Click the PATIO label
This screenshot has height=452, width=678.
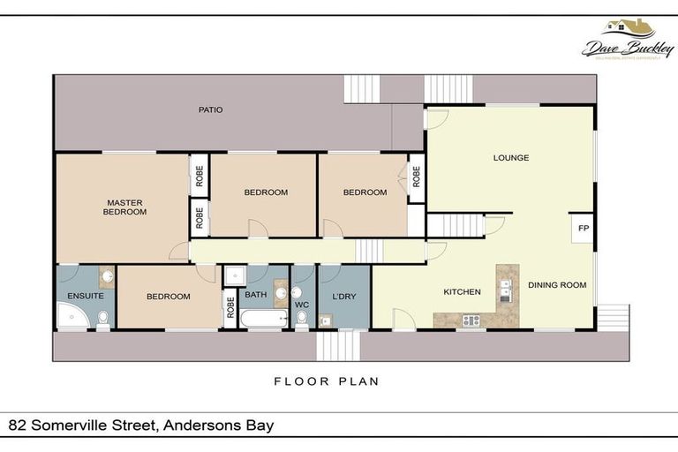[x=210, y=110]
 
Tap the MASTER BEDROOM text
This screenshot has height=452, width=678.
[x=124, y=207]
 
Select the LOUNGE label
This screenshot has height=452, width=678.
[x=511, y=158]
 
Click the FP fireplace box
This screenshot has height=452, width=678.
[x=583, y=228]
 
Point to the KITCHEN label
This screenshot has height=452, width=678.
[x=462, y=291]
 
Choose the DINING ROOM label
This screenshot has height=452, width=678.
[x=557, y=285]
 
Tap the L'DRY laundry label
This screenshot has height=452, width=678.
[x=344, y=297]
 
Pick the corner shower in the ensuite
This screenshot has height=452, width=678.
[x=69, y=316]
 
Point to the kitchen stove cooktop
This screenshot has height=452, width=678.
[x=471, y=320]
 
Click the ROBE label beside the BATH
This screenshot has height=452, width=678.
[x=230, y=308]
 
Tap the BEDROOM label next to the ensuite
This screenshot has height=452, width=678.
[x=168, y=297]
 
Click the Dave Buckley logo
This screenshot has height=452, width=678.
[x=627, y=40]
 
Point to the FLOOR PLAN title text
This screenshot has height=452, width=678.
[x=326, y=382]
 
